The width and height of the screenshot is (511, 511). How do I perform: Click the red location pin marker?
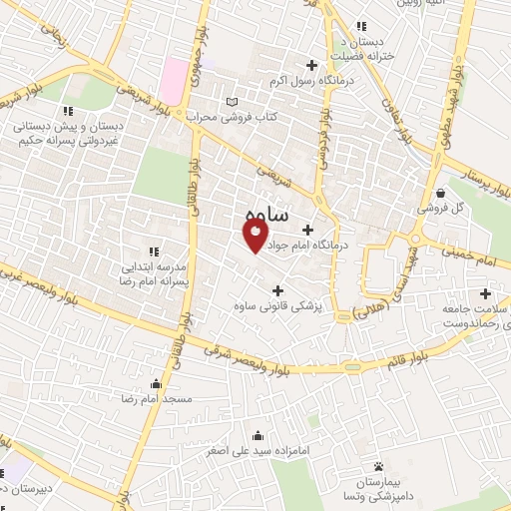[x=255, y=236]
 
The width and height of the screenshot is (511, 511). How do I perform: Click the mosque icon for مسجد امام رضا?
[x=155, y=383]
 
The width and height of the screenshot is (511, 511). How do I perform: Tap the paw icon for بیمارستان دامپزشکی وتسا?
[x=378, y=466]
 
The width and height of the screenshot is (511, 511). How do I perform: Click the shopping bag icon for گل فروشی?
[x=441, y=193]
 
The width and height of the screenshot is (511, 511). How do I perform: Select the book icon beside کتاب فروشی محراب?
[x=234, y=102]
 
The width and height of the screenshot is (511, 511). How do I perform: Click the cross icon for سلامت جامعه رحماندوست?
[x=486, y=293]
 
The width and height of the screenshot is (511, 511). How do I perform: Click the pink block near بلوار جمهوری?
[x=177, y=72]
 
